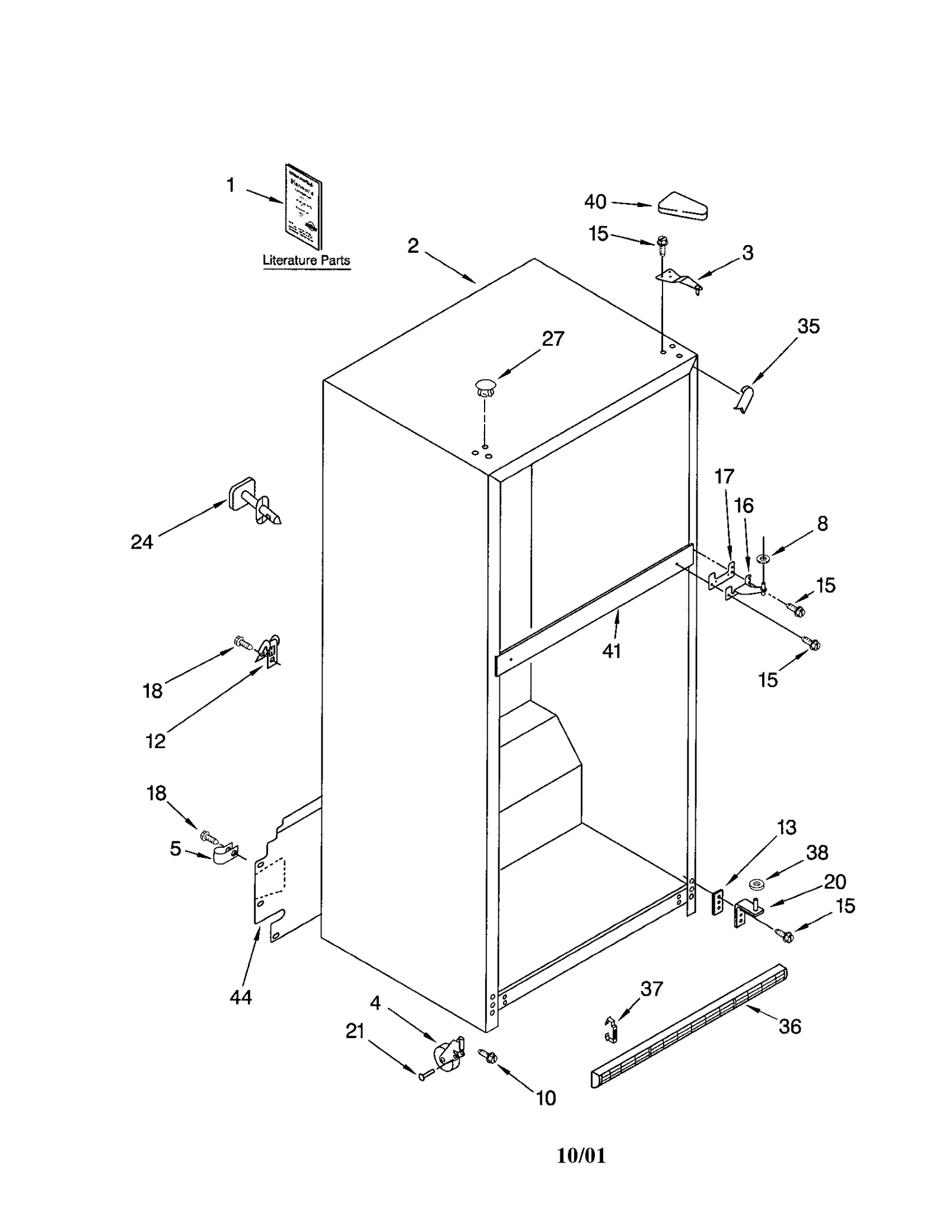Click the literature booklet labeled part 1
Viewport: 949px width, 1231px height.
303,206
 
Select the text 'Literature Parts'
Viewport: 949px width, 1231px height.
306,260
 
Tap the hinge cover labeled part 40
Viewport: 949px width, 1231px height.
683,206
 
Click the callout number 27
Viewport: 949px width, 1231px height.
553,339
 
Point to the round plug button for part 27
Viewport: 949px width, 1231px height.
485,388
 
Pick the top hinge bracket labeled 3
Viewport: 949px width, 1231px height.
678,281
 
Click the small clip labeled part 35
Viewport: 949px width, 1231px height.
744,398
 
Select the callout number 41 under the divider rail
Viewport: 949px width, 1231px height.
612,651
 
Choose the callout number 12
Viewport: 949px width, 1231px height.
155,741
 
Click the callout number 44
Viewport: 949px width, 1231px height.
241,997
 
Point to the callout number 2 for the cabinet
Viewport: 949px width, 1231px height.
413,245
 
